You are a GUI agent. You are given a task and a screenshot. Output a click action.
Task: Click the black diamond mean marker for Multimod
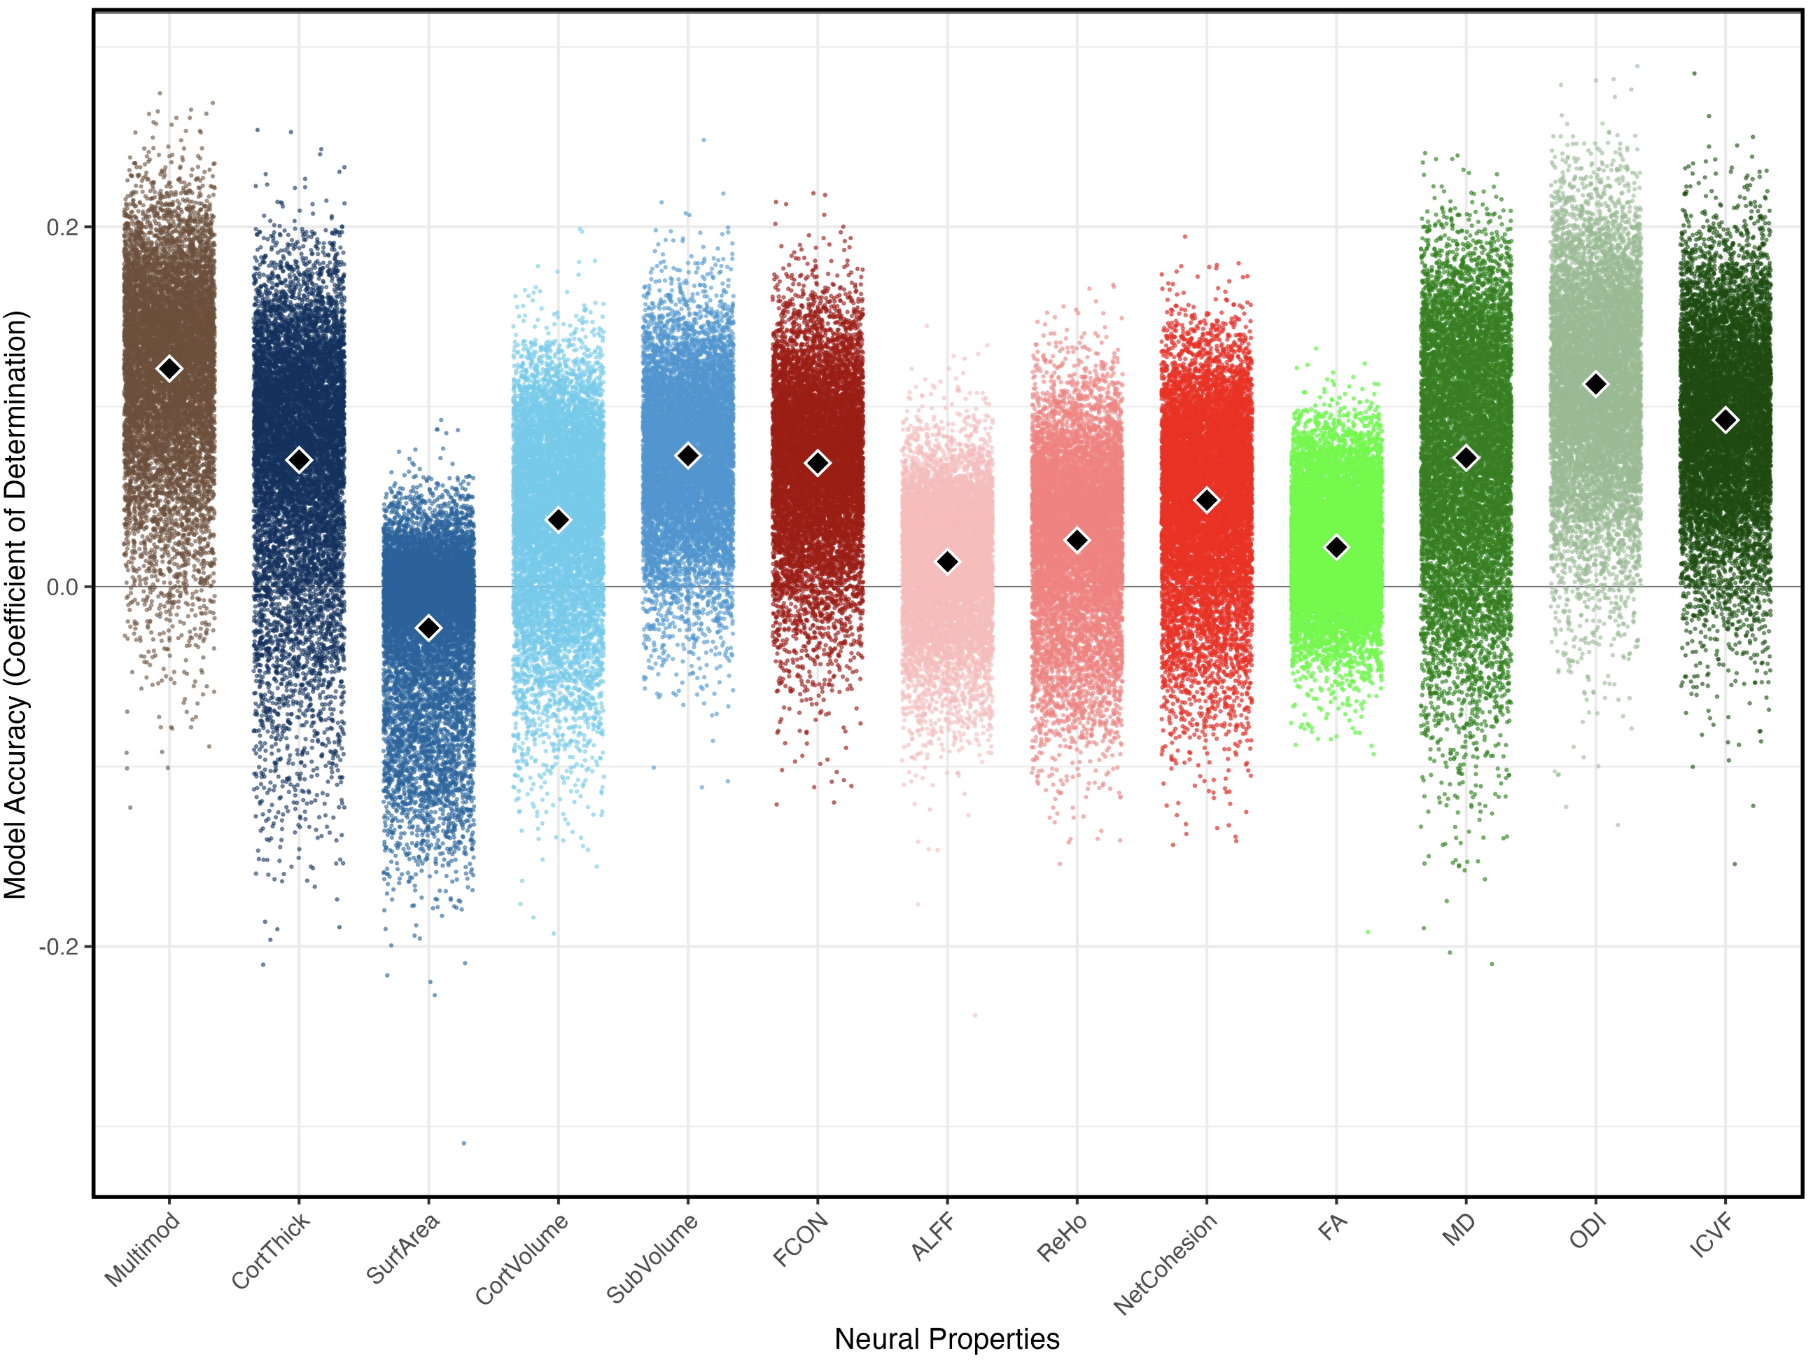tap(169, 369)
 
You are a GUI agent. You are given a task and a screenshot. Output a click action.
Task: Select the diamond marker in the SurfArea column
tap(428, 628)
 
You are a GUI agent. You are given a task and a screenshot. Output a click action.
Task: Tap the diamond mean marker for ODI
tap(1596, 384)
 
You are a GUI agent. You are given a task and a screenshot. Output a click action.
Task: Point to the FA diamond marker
tap(1336, 548)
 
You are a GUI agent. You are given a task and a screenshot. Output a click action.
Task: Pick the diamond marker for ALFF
tap(948, 562)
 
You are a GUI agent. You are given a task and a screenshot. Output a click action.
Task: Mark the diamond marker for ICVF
tap(1725, 419)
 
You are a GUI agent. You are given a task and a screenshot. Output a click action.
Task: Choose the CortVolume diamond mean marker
tap(558, 520)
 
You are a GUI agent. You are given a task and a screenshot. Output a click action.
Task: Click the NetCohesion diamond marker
tap(1207, 500)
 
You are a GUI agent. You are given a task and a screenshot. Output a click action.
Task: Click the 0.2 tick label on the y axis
tap(62, 227)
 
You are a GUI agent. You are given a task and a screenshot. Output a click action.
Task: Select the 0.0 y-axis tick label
tap(62, 587)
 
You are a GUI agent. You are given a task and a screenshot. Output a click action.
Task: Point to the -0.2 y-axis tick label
tap(59, 947)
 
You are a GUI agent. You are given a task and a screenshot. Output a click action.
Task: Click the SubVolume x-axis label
tap(652, 1258)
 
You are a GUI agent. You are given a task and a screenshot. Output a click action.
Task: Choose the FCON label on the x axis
tap(801, 1240)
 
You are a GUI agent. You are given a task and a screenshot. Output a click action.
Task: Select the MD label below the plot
tap(1459, 1230)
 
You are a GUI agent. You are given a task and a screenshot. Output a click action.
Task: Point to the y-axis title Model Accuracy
tap(16, 604)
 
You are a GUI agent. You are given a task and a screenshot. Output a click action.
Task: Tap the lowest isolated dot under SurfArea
tap(464, 1143)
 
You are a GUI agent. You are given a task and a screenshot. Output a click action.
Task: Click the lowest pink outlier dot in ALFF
tap(975, 1015)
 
